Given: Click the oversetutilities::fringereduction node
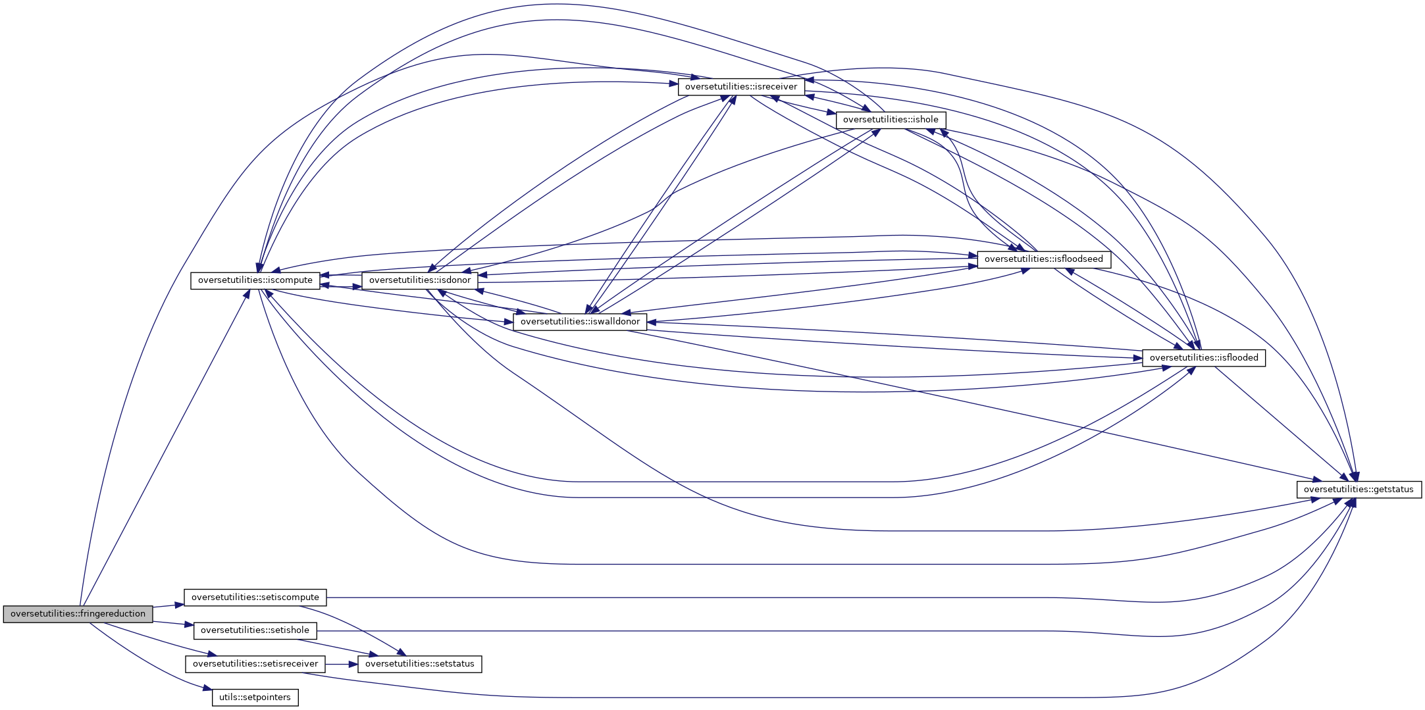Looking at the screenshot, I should (x=78, y=614).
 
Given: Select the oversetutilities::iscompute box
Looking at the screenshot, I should (x=255, y=280).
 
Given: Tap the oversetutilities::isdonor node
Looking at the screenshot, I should (x=420, y=280).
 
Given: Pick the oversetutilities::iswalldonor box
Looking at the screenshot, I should (x=580, y=322).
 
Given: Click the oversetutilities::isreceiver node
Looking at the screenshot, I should (x=740, y=87).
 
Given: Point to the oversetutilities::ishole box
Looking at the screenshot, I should (x=891, y=120).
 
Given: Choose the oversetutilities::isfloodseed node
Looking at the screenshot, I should (x=1044, y=259).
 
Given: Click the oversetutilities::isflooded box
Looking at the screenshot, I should (x=1203, y=358).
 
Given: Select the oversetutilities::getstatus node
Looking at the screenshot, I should (x=1359, y=490).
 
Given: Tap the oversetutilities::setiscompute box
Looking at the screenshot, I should (x=255, y=597).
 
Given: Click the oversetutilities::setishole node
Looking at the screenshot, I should (x=255, y=630).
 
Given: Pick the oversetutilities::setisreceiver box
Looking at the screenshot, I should (x=255, y=664).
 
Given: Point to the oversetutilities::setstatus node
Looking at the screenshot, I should (x=419, y=664).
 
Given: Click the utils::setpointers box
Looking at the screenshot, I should (x=255, y=697).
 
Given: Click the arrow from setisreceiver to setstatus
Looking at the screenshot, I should (x=341, y=664).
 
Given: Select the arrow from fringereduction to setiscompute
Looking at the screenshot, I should (x=168, y=605).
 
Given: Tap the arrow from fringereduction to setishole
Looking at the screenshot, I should (x=173, y=623).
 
